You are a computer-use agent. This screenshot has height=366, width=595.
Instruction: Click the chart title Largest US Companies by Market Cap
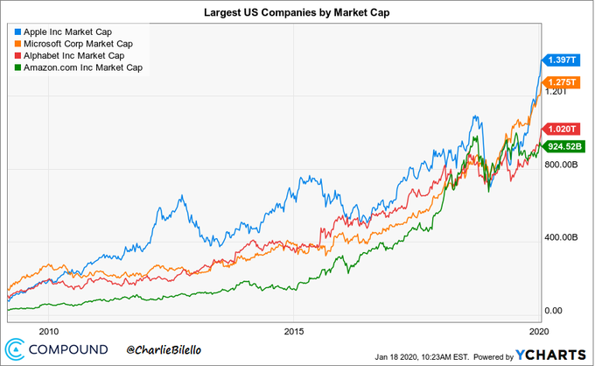(297, 13)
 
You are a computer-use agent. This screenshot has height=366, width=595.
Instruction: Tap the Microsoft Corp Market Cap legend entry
(79, 43)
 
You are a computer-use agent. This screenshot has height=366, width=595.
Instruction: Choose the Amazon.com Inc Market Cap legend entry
(83, 67)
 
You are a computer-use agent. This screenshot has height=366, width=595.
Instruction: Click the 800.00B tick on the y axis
(561, 164)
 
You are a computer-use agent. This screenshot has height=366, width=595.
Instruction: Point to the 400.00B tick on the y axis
(561, 237)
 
